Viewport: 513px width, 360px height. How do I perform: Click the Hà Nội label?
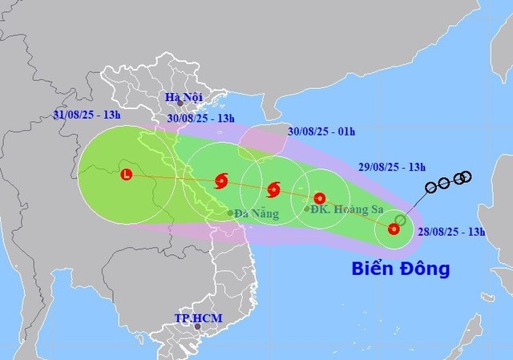point(180,97)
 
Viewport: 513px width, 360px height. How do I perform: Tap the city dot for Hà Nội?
point(181,104)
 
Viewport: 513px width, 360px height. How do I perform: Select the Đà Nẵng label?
point(257,213)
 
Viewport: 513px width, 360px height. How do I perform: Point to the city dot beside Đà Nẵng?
point(230,212)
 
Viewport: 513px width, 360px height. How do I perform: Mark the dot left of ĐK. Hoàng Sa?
point(307,209)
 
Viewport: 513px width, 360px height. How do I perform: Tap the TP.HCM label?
point(198,318)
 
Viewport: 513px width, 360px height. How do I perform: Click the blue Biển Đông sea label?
point(401,268)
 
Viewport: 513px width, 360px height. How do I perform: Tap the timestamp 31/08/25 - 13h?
point(87,115)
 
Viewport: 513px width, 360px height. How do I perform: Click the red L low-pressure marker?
point(126,174)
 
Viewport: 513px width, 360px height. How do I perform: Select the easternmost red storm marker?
point(394,229)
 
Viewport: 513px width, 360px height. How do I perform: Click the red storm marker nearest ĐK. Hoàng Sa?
point(320,198)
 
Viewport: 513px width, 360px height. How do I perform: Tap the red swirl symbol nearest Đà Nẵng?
point(221,180)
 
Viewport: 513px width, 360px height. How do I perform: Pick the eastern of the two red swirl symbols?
point(273,190)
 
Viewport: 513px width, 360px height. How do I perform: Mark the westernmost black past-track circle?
point(430,187)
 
